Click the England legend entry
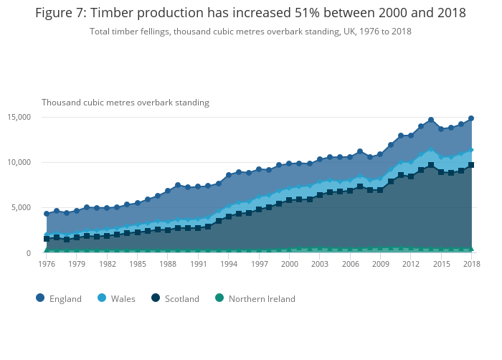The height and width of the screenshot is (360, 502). (x=59, y=298)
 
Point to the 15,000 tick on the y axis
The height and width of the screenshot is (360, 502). (x=18, y=117)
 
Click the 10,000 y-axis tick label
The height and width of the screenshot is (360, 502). (x=18, y=162)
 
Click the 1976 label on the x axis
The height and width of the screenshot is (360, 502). (x=47, y=264)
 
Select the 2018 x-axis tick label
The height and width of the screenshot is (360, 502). (x=471, y=264)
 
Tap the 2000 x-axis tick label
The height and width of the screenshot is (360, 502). (x=289, y=264)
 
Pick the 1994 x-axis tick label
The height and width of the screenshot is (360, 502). (x=229, y=264)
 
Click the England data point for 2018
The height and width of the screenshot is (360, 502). (x=471, y=118)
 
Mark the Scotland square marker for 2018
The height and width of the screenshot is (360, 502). (x=471, y=165)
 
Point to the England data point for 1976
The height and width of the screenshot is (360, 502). (x=47, y=214)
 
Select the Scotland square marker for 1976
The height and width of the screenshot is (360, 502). (x=47, y=239)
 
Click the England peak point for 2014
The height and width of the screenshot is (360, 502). (x=431, y=120)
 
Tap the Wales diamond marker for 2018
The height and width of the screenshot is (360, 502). (x=471, y=150)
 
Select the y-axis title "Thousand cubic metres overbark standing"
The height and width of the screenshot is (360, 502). (x=126, y=103)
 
